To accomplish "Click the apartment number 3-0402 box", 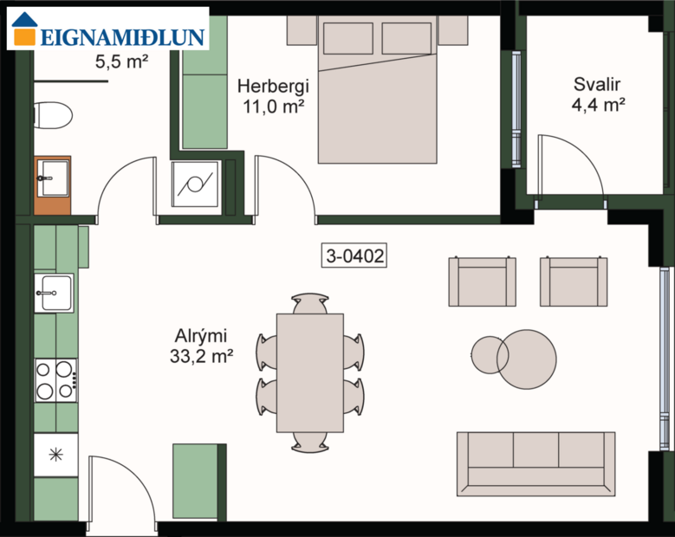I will pos(354,256).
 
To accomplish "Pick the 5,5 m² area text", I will pos(119,62).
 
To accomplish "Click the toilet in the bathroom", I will pos(52,114).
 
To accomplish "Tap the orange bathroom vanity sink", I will pos(52,184).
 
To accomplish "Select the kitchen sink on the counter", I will pos(54,293).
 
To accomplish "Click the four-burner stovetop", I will pos(55,379).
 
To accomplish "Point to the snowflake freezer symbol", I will pos(55,454).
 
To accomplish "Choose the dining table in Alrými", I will pos(310,372).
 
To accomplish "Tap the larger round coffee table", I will pos(526,359).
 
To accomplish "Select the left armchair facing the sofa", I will pos(482,281).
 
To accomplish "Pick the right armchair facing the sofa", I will pos(573,281).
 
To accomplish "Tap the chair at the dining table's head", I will pos(310,303).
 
